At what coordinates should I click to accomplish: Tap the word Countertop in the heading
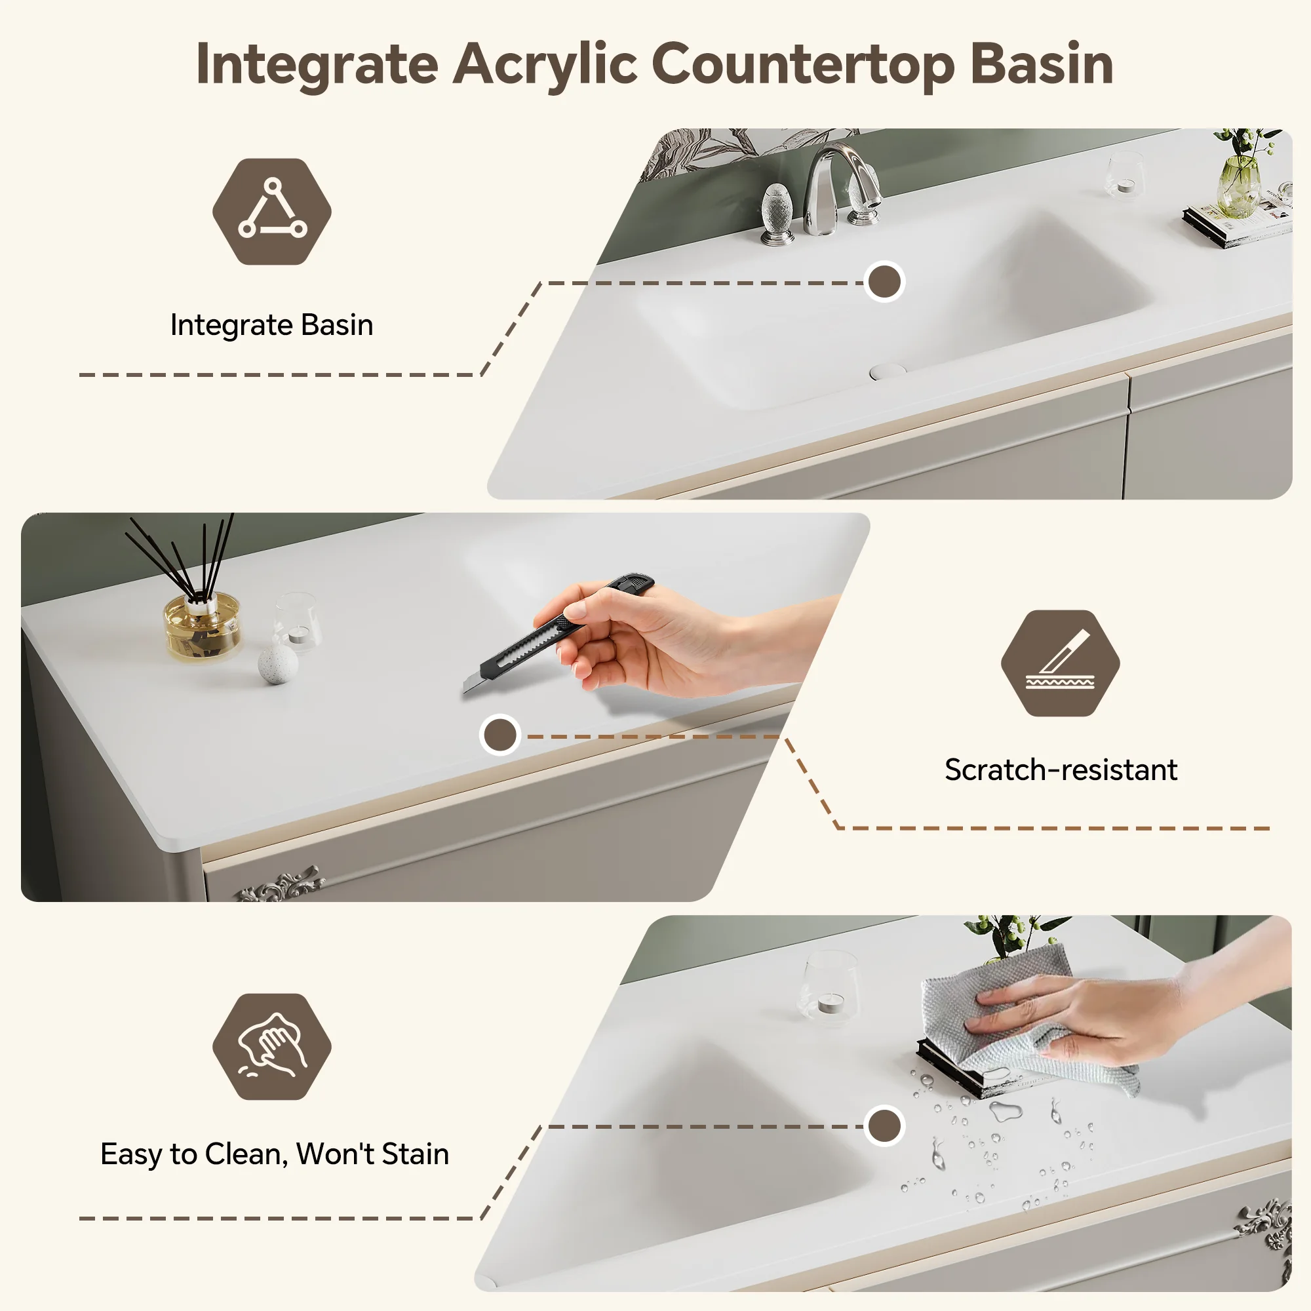(804, 64)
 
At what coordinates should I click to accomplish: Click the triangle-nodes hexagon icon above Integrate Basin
(272, 211)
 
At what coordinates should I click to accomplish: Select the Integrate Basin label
(271, 325)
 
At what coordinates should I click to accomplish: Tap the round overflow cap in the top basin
(888, 370)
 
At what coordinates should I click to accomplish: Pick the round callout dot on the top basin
(884, 282)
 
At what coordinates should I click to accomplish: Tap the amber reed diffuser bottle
(202, 625)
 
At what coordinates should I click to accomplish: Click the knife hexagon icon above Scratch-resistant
(1060, 663)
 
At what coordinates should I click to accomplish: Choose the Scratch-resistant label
(1061, 770)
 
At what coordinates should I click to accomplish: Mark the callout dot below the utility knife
(500, 735)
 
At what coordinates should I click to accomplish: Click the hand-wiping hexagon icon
(272, 1046)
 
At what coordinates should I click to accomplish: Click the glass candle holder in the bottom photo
(829, 986)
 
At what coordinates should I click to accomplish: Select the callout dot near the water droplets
(884, 1126)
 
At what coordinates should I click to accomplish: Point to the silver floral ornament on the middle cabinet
(281, 884)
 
